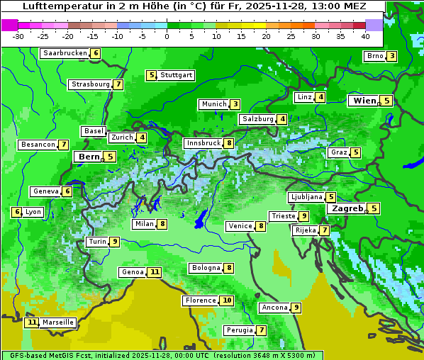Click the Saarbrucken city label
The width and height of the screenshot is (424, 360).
[65, 53]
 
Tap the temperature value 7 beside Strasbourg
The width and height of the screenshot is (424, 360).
[118, 84]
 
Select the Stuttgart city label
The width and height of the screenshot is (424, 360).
[176, 75]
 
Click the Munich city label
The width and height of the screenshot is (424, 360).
[213, 104]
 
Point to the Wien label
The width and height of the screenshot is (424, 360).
[364, 101]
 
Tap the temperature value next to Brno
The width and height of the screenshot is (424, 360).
[391, 56]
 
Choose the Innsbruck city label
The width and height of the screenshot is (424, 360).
[203, 143]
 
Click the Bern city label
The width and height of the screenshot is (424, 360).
[89, 157]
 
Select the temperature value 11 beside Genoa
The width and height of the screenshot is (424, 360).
[155, 272]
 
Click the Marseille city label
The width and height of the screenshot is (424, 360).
[58, 322]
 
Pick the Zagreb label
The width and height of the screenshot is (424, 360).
[347, 208]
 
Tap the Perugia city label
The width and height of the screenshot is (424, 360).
[239, 330]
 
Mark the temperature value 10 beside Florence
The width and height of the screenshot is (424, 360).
[227, 300]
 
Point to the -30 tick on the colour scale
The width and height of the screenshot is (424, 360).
[18, 36]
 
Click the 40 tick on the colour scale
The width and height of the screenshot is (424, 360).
[365, 36]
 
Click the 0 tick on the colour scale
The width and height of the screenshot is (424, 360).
[167, 36]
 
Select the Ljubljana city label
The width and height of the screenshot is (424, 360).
[306, 197]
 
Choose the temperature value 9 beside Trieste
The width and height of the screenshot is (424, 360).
[303, 216]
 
